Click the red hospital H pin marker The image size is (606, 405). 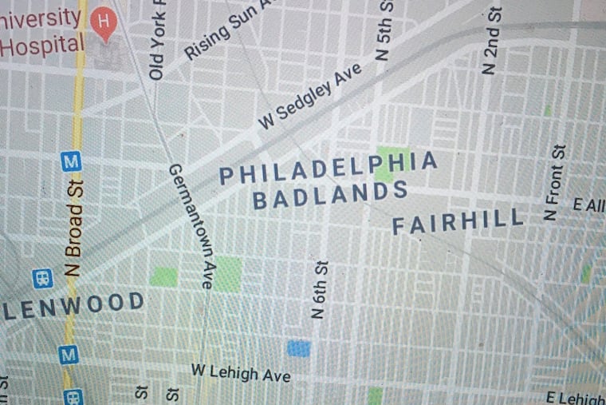(x=103, y=22)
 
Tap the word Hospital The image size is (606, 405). (x=43, y=44)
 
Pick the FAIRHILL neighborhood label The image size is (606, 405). (x=458, y=220)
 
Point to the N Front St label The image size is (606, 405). (x=554, y=183)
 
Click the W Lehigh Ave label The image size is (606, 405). (x=240, y=372)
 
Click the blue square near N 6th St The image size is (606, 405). (x=298, y=347)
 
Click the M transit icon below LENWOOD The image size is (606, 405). (x=69, y=353)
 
